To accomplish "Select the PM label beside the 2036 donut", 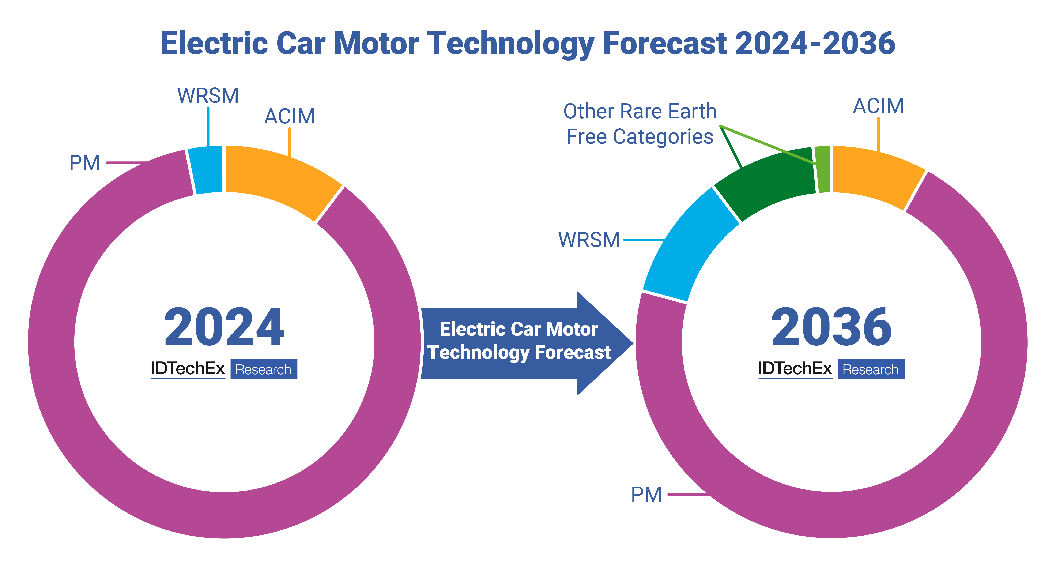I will [x=646, y=494].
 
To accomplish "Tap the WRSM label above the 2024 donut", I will [x=208, y=95].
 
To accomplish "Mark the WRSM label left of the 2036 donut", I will [x=589, y=240].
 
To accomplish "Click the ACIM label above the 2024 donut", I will [x=289, y=116].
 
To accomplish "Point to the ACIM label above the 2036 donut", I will [x=878, y=106].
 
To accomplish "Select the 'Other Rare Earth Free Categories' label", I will [x=640, y=124].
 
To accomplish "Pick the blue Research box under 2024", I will [x=264, y=369].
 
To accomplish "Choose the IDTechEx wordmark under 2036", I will [x=795, y=369].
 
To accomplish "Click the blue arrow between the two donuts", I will [x=521, y=342].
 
